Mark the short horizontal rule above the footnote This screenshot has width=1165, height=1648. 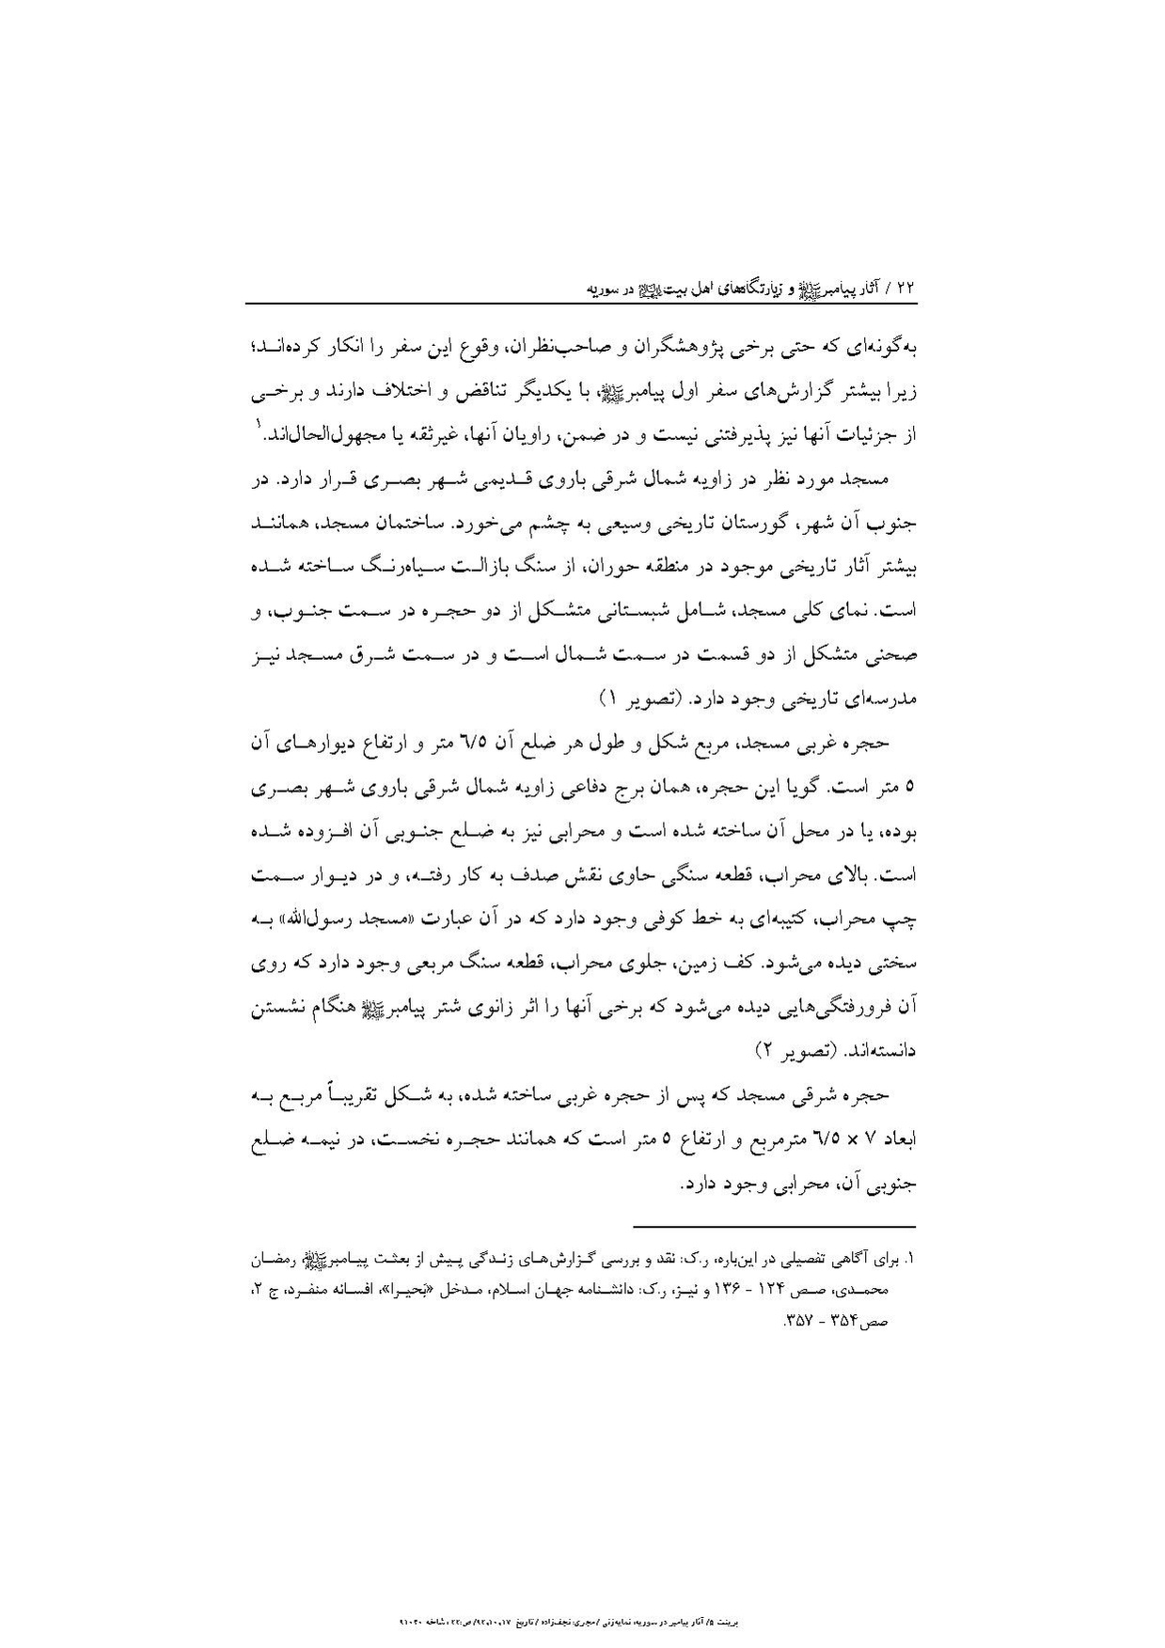pos(773,1226)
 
